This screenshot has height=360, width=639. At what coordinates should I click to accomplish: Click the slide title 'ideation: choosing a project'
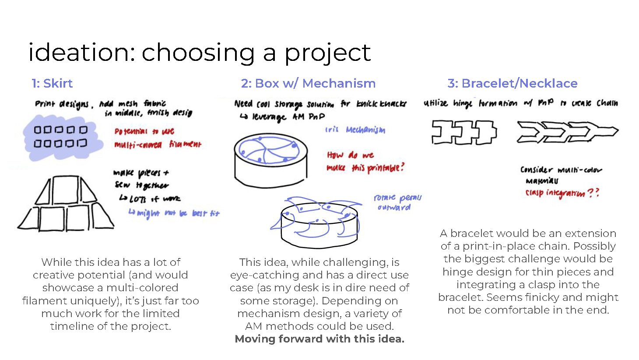tap(199, 53)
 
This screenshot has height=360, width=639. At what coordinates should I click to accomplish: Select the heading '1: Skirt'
tap(52, 83)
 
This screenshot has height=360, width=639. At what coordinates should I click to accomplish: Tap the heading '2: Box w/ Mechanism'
tap(308, 83)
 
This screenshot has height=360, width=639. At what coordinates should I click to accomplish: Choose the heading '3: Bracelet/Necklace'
tap(512, 83)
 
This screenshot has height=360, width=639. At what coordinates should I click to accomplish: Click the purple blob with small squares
tap(61, 137)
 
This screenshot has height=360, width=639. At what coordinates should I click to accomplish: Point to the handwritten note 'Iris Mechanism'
tap(355, 130)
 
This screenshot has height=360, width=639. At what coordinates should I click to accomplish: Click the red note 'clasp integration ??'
tap(562, 193)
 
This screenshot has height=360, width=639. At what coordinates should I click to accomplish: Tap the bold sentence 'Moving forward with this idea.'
tap(319, 339)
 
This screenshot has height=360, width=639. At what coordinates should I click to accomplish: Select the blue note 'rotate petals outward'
tap(397, 202)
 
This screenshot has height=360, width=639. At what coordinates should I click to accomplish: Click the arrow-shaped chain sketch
tap(567, 132)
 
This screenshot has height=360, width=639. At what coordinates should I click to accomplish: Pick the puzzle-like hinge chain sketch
tap(464, 132)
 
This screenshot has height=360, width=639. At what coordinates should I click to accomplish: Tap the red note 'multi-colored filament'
tap(158, 145)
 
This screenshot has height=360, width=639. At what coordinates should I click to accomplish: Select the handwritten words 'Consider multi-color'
tap(561, 170)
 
